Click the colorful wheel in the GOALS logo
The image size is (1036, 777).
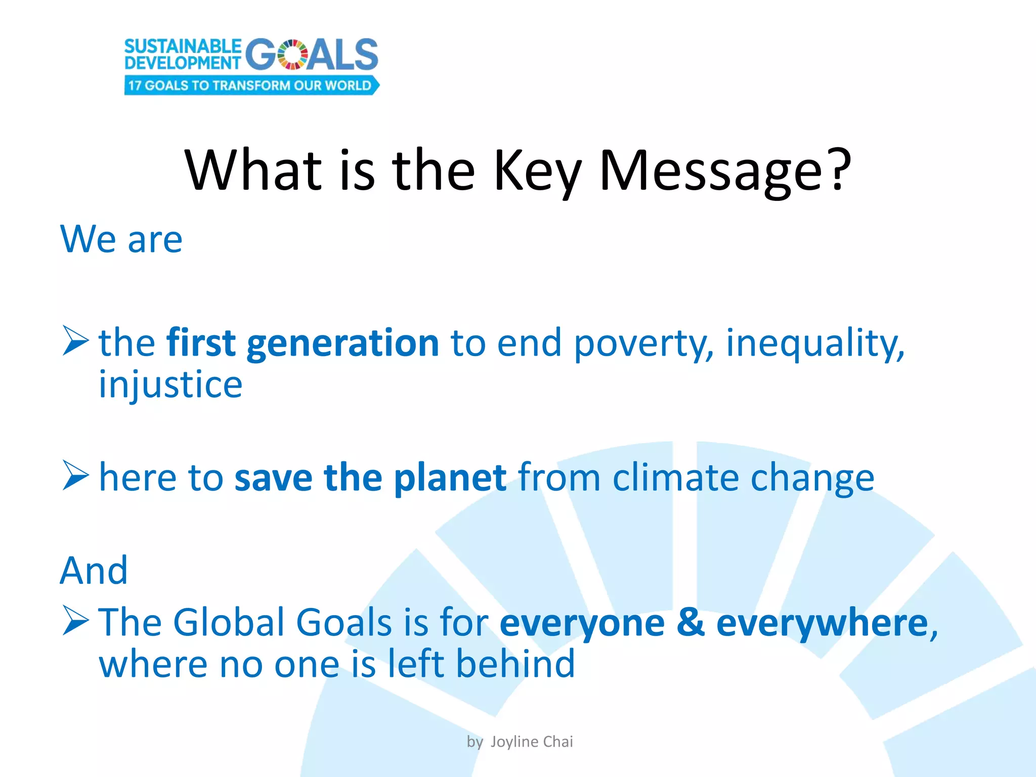[293, 55]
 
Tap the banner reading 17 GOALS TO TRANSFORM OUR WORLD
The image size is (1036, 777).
[251, 85]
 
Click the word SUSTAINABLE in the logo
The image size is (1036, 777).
[183, 46]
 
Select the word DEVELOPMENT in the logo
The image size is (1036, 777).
[183, 63]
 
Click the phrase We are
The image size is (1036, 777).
[121, 239]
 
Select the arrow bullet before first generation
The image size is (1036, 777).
[75, 341]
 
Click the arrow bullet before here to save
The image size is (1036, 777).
[75, 476]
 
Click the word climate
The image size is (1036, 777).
[675, 478]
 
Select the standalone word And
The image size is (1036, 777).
[94, 571]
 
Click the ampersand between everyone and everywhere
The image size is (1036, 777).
[690, 622]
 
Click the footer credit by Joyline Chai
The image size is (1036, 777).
[520, 742]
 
